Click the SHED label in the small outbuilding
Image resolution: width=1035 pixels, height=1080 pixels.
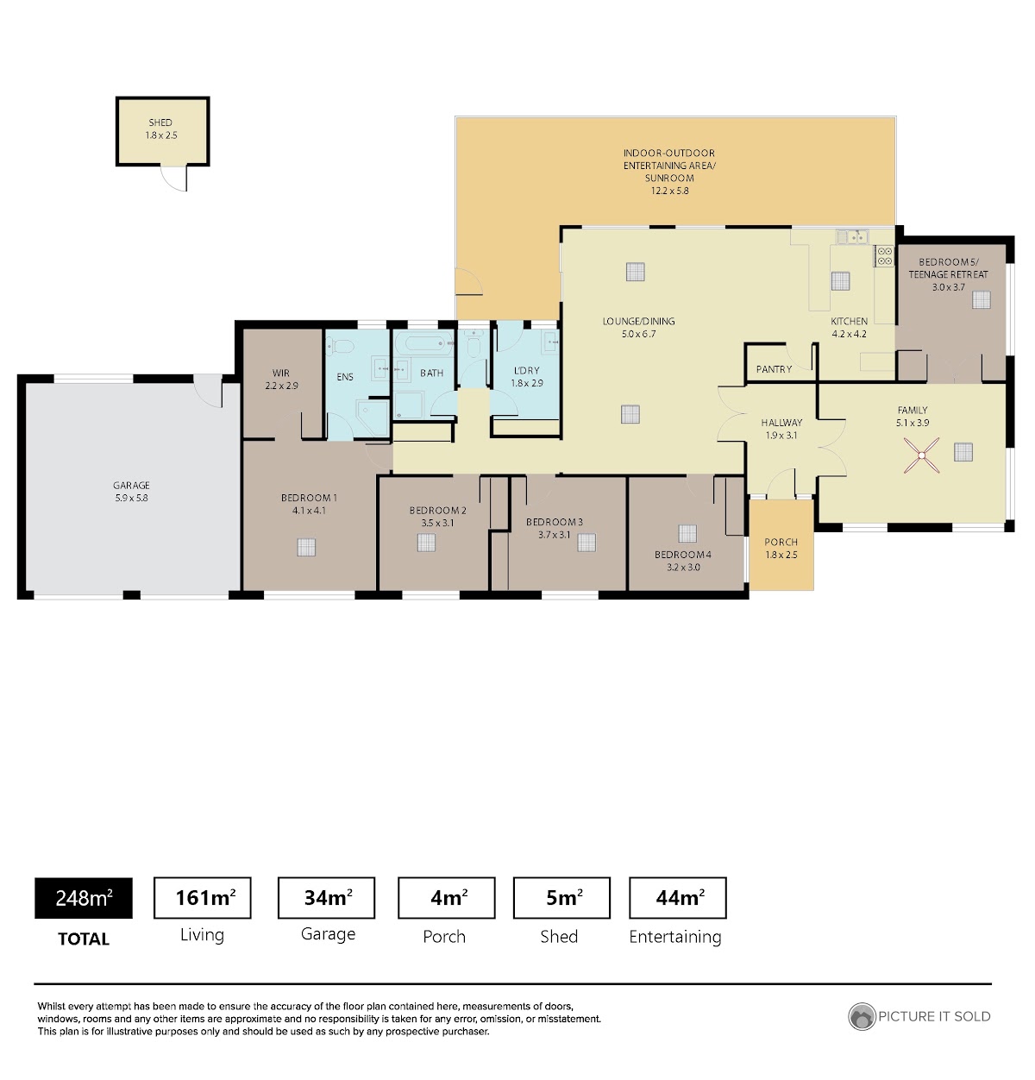point(160,122)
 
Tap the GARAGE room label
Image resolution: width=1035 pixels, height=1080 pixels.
point(131,485)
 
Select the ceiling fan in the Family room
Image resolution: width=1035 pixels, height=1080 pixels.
point(921,455)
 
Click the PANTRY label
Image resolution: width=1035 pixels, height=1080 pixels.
point(774,369)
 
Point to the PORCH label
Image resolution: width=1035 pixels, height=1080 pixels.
point(781,542)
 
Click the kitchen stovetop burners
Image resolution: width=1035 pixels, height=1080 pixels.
point(884,256)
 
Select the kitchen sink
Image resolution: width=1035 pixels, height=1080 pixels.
point(852,236)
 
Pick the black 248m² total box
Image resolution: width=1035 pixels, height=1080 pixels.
point(84,897)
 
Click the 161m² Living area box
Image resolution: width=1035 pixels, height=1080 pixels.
point(202,897)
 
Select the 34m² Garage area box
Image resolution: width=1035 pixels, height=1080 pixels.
point(326,897)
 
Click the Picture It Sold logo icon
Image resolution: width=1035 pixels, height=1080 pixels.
point(862,1017)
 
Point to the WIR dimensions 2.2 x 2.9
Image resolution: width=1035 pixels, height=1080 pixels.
point(281,385)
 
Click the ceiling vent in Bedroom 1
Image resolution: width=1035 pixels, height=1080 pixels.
point(306,547)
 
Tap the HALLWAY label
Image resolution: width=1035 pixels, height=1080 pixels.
point(781,423)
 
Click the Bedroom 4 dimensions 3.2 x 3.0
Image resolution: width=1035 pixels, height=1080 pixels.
point(683,568)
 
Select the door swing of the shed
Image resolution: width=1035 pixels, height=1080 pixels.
point(173,178)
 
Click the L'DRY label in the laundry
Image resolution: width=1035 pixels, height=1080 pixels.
point(527,370)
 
